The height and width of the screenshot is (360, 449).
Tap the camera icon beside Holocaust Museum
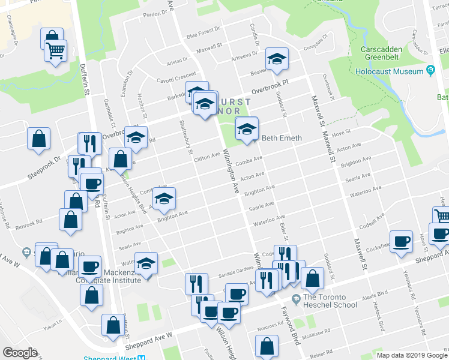pyautogui.click(x=430, y=71)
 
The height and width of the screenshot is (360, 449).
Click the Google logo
pyautogui.click(x=20, y=353)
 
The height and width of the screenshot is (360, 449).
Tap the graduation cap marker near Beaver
pyautogui.click(x=277, y=59)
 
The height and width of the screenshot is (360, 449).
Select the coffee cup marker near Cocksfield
pyautogui.click(x=401, y=241)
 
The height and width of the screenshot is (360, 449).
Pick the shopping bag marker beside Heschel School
pyautogui.click(x=313, y=278)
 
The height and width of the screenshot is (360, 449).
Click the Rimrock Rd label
pyautogui.click(x=29, y=221)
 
